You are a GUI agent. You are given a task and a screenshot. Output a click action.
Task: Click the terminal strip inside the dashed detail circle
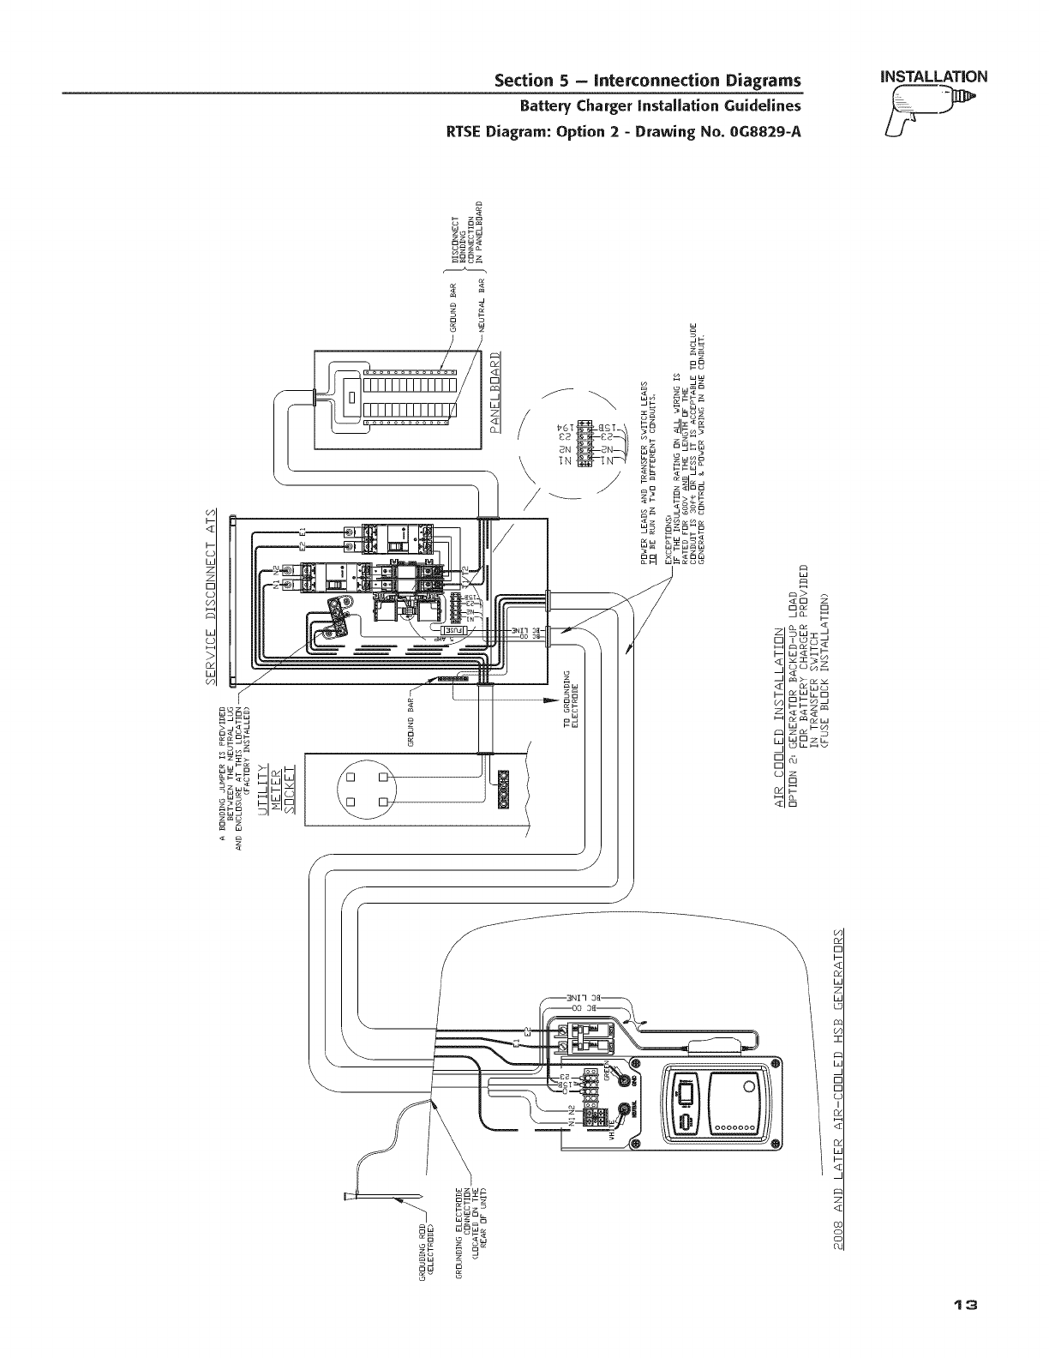(584, 444)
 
